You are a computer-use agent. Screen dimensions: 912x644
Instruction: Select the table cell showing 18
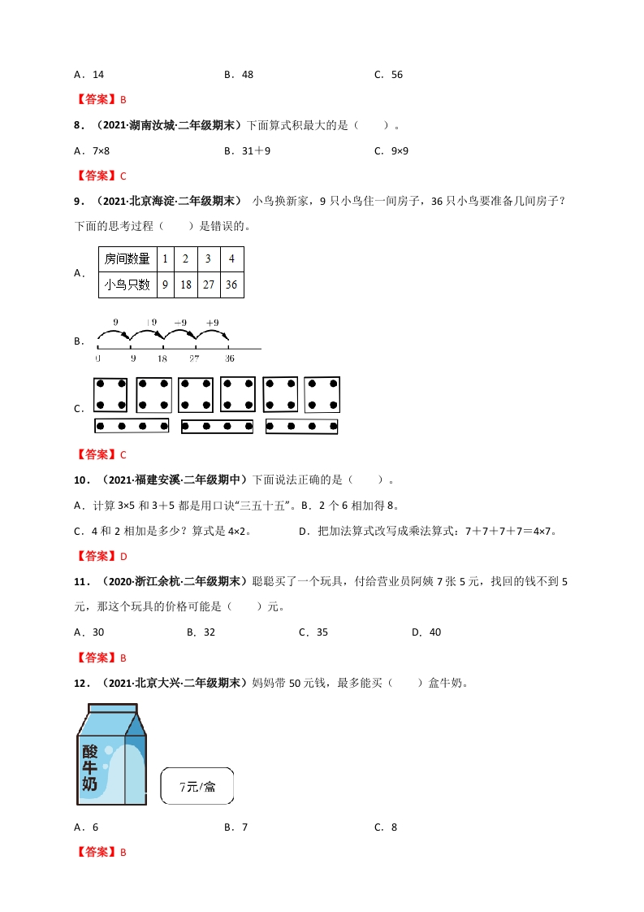pos(186,284)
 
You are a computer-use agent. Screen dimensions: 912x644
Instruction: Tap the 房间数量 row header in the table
pos(127,259)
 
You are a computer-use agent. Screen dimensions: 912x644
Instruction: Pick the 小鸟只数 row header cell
pos(127,284)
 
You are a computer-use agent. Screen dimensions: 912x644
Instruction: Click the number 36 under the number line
pos(230,358)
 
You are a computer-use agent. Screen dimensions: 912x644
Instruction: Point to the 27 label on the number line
pos(194,358)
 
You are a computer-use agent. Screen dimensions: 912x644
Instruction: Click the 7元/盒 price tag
pos(198,786)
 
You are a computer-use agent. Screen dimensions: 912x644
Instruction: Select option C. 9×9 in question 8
pos(391,150)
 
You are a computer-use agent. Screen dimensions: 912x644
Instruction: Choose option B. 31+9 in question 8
pos(247,150)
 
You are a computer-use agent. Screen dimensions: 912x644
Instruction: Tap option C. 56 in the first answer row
pos(388,75)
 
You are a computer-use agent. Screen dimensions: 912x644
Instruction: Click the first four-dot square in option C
pos(111,394)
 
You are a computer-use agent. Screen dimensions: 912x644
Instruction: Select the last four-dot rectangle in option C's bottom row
pos(301,426)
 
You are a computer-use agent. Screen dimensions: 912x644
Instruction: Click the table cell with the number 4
pos(231,259)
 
